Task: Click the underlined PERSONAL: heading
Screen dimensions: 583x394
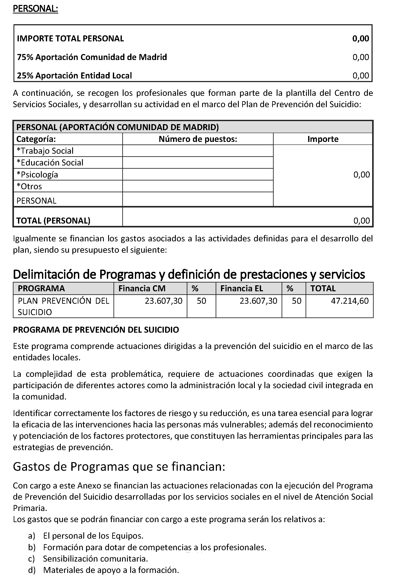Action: pyautogui.click(x=35, y=9)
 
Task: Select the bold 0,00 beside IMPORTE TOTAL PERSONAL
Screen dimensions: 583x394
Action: pyautogui.click(x=360, y=38)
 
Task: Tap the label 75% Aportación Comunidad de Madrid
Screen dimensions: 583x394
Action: pyautogui.click(x=92, y=57)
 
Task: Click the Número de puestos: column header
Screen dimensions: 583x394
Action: pyautogui.click(x=198, y=139)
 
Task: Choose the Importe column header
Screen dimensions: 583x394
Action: pyautogui.click(x=323, y=139)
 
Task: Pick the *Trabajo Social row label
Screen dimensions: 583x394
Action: pyautogui.click(x=45, y=151)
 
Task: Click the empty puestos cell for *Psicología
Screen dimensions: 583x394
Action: pyautogui.click(x=198, y=174)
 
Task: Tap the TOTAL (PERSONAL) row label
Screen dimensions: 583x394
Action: pyautogui.click(x=53, y=221)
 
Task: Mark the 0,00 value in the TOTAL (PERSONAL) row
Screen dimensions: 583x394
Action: pyautogui.click(x=361, y=221)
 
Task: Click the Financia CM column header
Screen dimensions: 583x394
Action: pyautogui.click(x=142, y=288)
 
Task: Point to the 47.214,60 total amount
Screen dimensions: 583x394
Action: pyautogui.click(x=350, y=301)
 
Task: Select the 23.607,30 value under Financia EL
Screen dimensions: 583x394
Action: pyautogui.click(x=258, y=301)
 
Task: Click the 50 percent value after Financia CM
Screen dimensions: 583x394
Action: pyautogui.click(x=201, y=301)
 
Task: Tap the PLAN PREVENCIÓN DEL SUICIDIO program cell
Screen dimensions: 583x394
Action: pyautogui.click(x=63, y=306)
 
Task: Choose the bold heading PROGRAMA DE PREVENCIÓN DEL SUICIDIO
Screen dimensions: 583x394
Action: pyautogui.click(x=96, y=330)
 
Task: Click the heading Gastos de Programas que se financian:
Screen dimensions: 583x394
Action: pyautogui.click(x=119, y=467)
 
